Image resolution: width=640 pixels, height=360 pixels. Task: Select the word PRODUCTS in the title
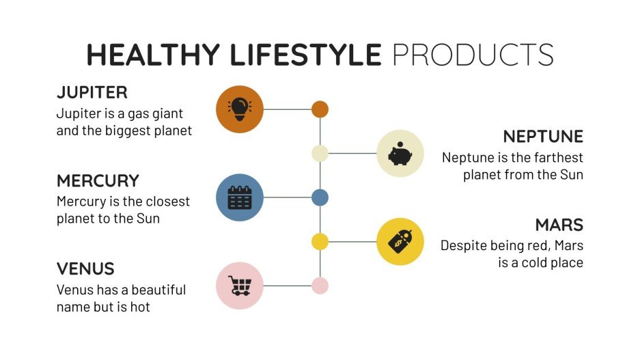coord(473,55)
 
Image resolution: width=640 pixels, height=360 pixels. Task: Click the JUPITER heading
coord(92,92)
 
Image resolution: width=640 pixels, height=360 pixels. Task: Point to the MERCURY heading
coord(98,181)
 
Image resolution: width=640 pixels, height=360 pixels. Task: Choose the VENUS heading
coord(85,268)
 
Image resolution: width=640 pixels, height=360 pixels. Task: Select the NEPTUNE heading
coord(543,136)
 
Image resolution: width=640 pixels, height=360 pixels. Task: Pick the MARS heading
coord(559,225)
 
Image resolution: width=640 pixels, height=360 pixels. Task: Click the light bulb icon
coord(240,109)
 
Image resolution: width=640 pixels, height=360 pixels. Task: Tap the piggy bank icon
coord(400,153)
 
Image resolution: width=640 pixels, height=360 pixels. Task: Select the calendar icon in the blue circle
coord(240,197)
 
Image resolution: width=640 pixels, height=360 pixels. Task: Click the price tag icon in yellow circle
coord(400,241)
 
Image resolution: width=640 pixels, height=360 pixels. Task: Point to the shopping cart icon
coord(240,286)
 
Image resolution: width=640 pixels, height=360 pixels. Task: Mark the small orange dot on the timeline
coord(320,109)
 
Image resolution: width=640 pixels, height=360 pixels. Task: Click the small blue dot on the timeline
coord(320,197)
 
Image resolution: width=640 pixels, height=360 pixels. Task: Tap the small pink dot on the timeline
coord(320,286)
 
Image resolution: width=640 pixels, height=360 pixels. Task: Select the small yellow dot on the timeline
coord(320,241)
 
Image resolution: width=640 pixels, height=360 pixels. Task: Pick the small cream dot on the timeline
coord(320,153)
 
